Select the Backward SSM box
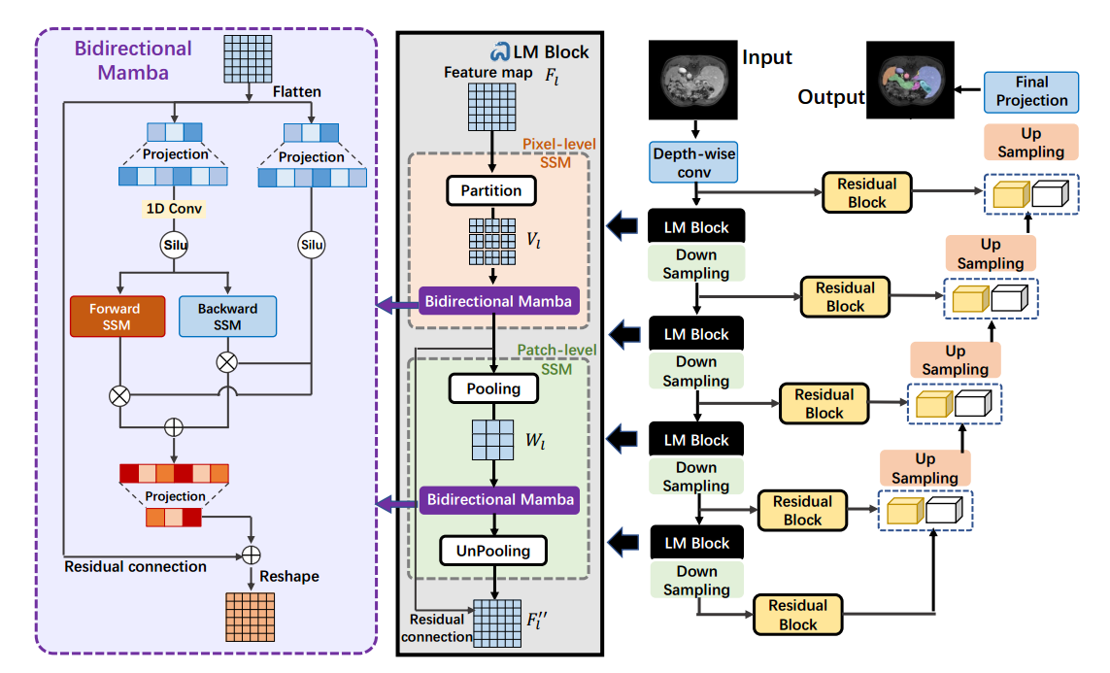[228, 317]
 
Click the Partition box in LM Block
[491, 190]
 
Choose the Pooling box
[493, 388]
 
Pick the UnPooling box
[493, 551]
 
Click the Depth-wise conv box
[694, 162]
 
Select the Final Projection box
[1031, 91]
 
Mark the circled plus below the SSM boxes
[174, 426]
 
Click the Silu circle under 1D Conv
[174, 246]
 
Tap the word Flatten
[296, 91]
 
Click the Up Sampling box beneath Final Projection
[1030, 142]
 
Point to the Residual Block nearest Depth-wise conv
[866, 192]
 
